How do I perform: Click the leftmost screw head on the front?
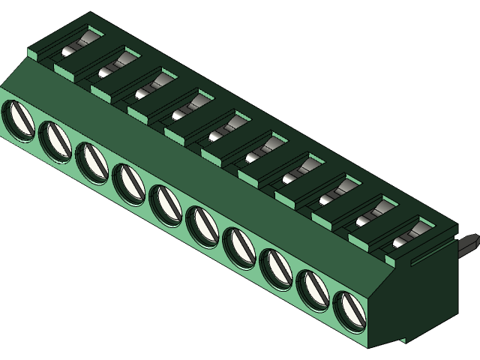[17, 118]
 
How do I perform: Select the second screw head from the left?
[54, 139]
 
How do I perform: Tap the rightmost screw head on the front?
[349, 310]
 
